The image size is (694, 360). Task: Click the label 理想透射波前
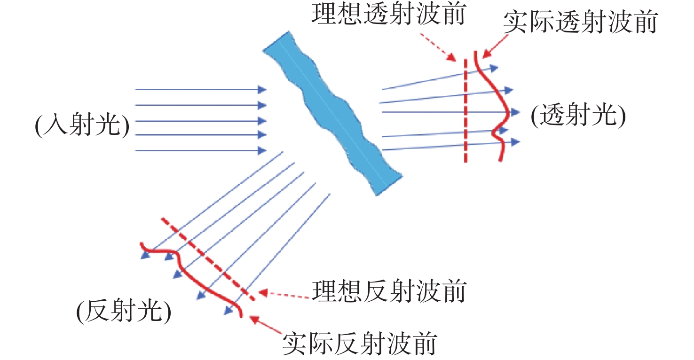pos(388,14)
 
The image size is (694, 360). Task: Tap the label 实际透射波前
pos(580,22)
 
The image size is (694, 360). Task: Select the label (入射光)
pos(82,125)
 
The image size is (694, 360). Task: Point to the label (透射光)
pos(578,116)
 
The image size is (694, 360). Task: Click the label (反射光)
pos(124,311)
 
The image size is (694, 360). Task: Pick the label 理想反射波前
pos(389,291)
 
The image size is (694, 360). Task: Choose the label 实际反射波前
pos(360,343)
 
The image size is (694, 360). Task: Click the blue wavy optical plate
pos(333,113)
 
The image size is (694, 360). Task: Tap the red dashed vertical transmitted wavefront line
pos(465,110)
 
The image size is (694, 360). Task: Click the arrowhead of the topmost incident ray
pos(262,90)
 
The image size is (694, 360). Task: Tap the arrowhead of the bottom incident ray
pos(262,150)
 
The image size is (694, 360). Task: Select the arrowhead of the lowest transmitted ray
pos(515,142)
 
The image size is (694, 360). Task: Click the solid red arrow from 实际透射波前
pos(495,47)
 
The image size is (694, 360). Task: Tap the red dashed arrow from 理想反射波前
pos(284,295)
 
